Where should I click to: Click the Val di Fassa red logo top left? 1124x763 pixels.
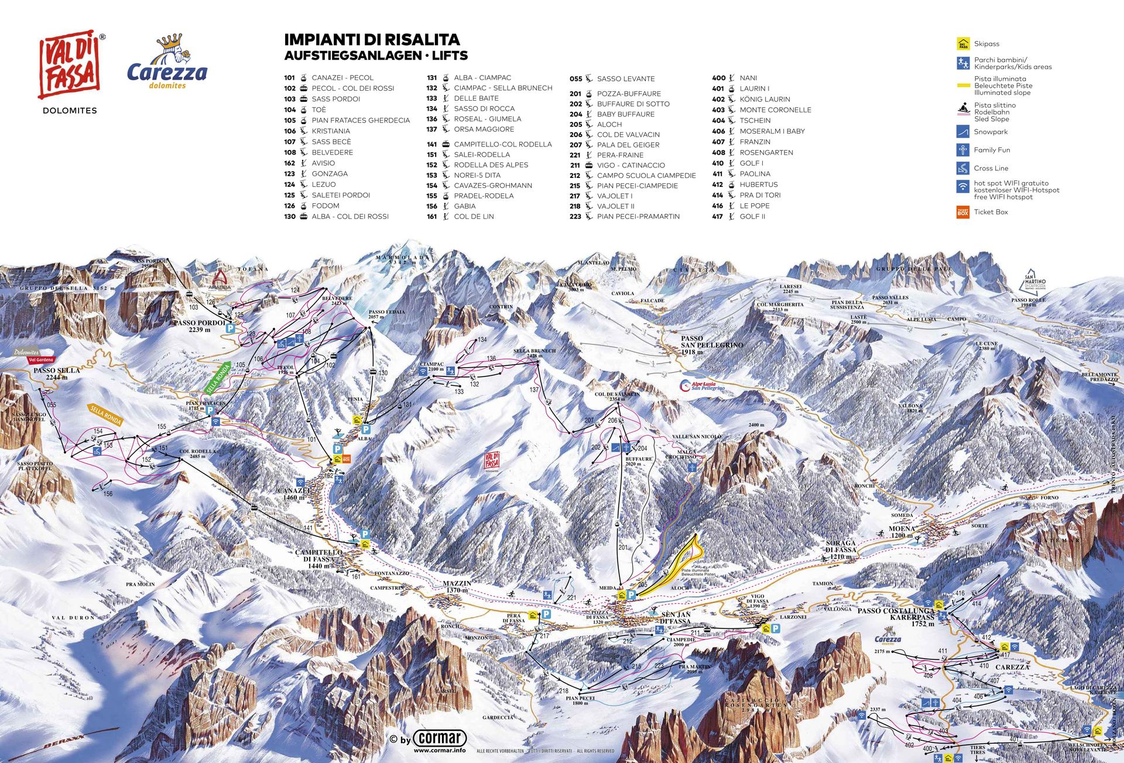tap(69, 66)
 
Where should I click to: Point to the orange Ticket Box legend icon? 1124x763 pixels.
tap(962, 212)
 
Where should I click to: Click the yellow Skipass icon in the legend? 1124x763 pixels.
tap(962, 44)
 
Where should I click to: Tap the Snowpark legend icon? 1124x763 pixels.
tap(962, 132)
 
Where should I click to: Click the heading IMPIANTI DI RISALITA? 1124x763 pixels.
tap(372, 40)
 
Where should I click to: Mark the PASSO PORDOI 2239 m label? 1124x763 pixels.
tap(199, 326)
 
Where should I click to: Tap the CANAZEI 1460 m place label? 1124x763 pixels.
tap(293, 494)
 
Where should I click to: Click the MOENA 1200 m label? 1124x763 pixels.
tap(902, 532)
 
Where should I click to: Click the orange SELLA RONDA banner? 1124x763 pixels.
tap(105, 413)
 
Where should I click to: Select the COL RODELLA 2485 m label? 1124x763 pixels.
tap(198, 454)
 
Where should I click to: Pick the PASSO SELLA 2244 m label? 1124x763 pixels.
tap(57, 374)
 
